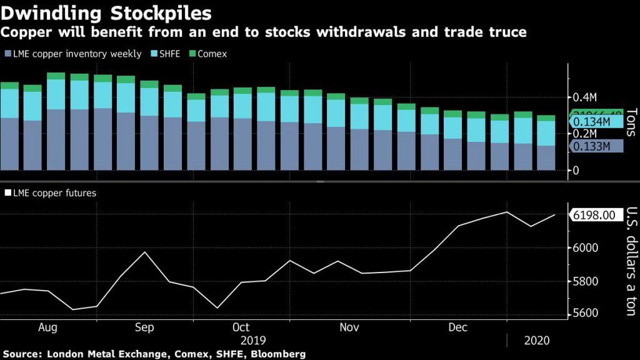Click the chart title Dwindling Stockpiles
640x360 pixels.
(106, 13)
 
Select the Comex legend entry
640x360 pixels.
(211, 54)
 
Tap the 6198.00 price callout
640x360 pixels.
(594, 215)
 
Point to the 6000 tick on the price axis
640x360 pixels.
(585, 248)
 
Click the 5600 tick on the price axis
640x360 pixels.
(585, 314)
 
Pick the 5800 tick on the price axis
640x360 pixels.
(585, 281)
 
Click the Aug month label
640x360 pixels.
(47, 327)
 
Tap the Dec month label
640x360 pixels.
(457, 327)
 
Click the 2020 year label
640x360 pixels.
(537, 341)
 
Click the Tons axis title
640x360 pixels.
(630, 122)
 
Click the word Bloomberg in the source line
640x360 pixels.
(279, 354)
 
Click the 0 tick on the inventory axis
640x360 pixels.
(576, 171)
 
